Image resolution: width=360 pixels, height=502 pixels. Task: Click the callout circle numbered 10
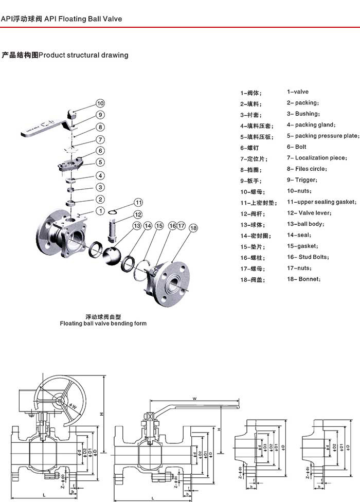coord(100,103)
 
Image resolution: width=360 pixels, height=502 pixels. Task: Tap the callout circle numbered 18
coord(193,227)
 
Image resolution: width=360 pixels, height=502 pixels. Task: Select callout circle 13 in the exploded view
coord(137,226)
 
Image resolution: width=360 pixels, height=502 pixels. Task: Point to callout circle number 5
coord(101,162)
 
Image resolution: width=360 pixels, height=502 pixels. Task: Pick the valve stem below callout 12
coord(114,231)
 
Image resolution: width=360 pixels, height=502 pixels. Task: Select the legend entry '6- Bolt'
coord(297,147)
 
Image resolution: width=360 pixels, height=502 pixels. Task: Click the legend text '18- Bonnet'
coord(304,279)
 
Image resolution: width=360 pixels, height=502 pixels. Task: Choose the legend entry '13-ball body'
coord(305,224)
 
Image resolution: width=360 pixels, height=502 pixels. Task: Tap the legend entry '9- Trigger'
coord(302,180)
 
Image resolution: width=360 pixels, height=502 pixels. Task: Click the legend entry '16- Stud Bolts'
coord(308,257)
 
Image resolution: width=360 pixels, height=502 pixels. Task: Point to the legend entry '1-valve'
coord(298,92)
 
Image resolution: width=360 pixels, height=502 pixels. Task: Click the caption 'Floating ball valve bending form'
coord(103,324)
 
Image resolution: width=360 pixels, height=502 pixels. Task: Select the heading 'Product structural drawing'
coord(83,55)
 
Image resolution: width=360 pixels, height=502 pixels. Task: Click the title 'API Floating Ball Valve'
coord(83,19)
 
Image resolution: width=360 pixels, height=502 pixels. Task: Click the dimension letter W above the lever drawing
coord(195,398)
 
